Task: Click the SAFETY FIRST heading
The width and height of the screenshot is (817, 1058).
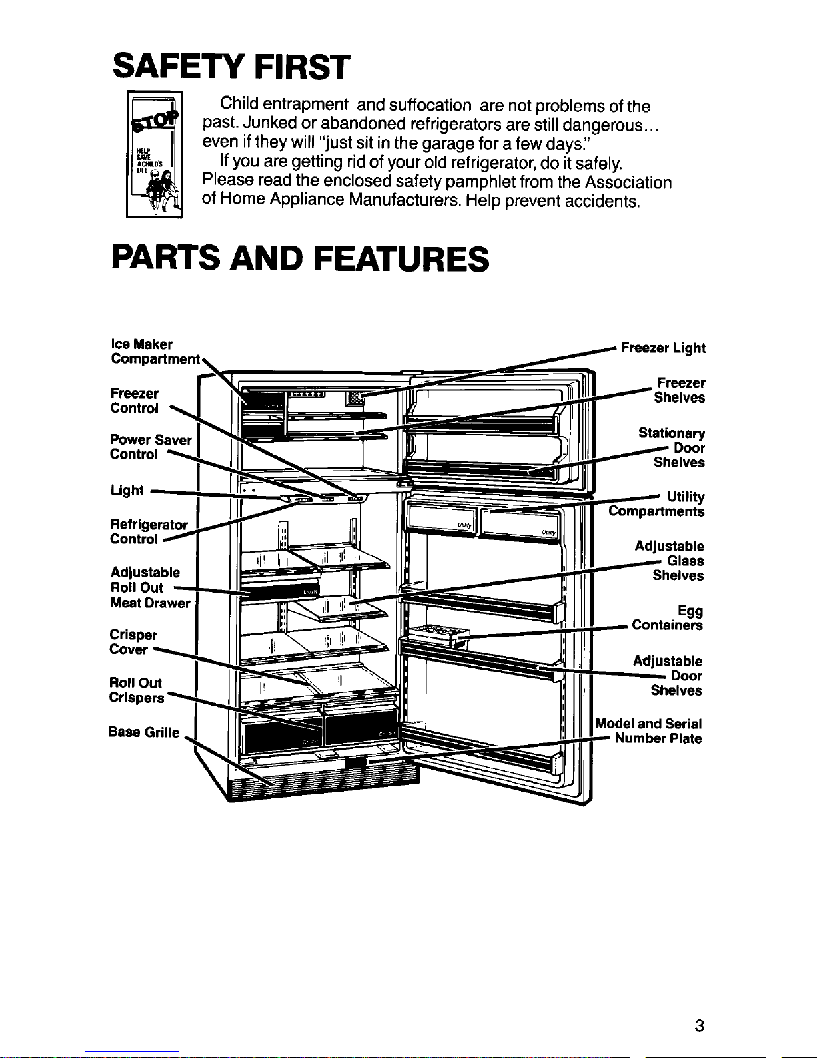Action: point(231,66)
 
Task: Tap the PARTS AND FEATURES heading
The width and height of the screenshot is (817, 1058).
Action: point(300,258)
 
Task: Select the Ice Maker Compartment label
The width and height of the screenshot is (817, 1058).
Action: point(154,352)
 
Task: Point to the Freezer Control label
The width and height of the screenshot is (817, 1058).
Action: point(135,401)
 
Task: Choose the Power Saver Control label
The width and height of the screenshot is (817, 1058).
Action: point(151,447)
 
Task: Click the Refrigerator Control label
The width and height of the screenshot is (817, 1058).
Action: point(149,532)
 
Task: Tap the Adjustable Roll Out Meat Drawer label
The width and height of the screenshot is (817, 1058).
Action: point(150,587)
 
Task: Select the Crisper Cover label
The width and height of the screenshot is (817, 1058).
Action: point(133,642)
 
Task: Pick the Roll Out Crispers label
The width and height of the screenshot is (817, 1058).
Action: point(136,690)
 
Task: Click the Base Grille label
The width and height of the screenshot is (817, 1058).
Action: point(143,732)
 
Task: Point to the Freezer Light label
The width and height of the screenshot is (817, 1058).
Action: point(663,348)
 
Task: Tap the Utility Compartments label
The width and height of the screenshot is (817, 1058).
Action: point(657,504)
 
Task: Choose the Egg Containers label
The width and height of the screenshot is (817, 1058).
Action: point(667,619)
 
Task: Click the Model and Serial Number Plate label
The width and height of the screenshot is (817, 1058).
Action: point(648,731)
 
